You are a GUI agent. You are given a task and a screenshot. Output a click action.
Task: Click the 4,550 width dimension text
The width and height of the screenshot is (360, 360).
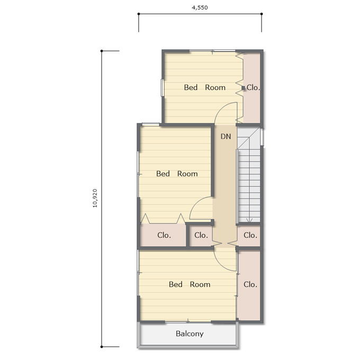[x=200, y=7]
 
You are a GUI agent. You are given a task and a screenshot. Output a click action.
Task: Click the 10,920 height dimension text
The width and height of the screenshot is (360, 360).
[x=95, y=198]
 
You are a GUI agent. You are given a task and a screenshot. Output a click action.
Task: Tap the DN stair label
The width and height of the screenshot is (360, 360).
[x=226, y=137]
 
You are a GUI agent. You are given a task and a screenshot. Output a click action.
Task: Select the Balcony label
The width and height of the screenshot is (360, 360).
[x=190, y=334]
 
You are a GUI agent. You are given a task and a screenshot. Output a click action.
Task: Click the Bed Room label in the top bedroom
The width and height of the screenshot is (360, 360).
[x=205, y=87]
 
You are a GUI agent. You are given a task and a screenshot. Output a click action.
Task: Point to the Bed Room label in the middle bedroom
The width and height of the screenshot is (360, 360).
[x=177, y=174]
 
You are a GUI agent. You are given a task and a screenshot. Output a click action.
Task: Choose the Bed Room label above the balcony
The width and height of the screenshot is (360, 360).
[x=190, y=284]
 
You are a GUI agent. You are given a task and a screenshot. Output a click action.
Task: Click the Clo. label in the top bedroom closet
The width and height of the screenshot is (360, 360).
[x=253, y=87]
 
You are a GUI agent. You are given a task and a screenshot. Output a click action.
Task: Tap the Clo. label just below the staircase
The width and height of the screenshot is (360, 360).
[x=250, y=235]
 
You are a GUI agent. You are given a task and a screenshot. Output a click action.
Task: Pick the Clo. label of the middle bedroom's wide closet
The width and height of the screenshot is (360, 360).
[x=164, y=235]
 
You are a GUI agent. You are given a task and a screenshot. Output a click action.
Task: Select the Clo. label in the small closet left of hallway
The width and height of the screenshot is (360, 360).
[x=201, y=235]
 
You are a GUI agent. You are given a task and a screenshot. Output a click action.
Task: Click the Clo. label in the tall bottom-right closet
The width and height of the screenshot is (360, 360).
[x=250, y=284]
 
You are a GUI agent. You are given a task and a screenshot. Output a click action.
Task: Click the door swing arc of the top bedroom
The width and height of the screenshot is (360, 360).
[x=220, y=109]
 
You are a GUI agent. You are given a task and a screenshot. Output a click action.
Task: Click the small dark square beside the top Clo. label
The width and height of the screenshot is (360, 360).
[x=244, y=88]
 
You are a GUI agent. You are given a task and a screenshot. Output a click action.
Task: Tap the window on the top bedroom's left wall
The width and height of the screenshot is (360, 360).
[x=163, y=88]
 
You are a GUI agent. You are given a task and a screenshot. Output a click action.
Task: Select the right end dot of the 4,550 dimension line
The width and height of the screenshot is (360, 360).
[x=262, y=14]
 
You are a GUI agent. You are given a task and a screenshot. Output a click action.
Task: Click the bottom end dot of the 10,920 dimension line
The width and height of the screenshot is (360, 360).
[x=102, y=347]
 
